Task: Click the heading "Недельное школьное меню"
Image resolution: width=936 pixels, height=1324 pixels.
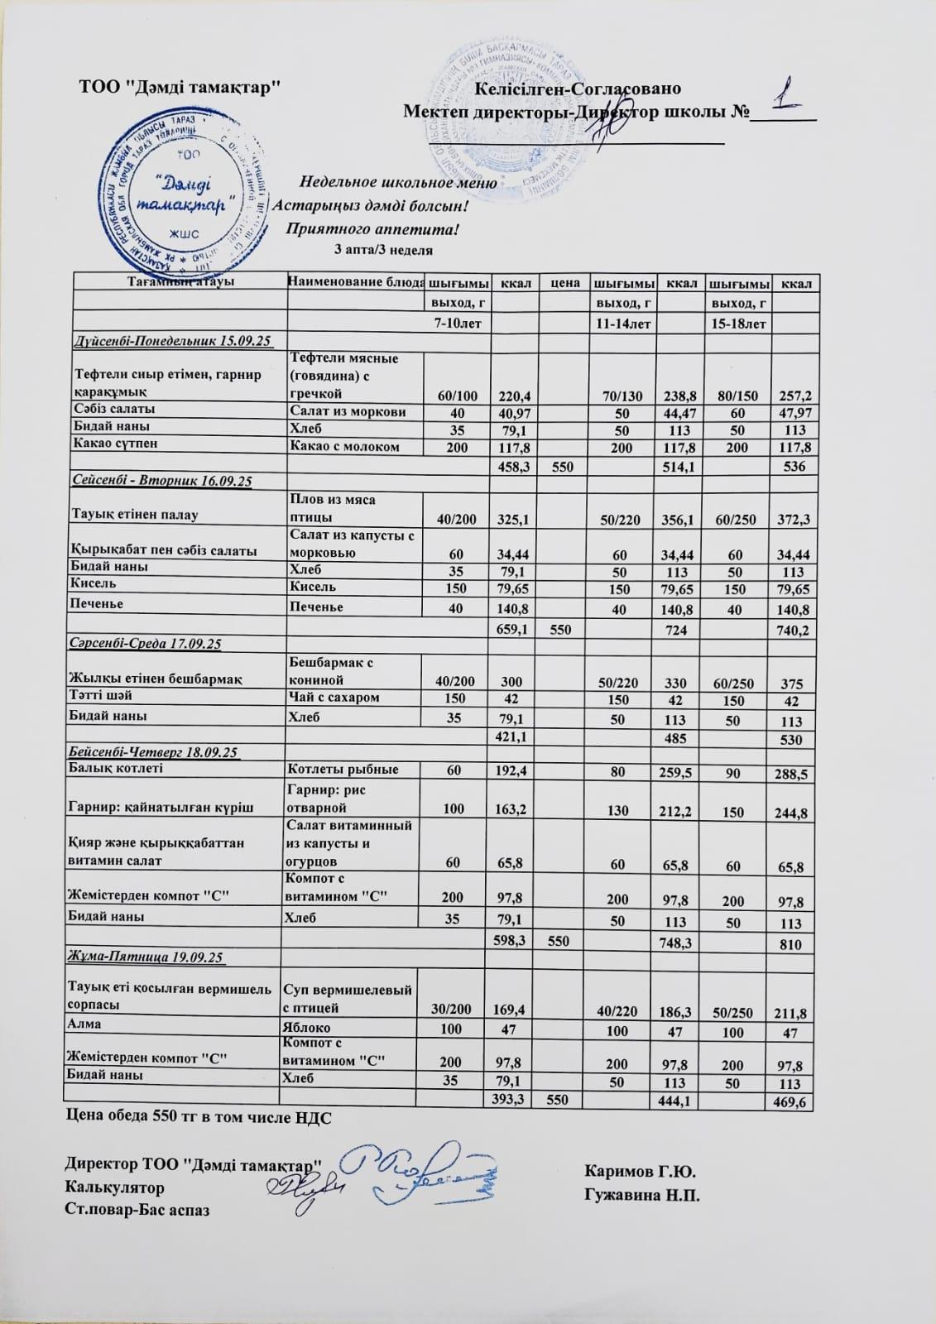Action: tap(397, 183)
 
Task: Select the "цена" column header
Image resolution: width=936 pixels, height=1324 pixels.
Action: tap(565, 284)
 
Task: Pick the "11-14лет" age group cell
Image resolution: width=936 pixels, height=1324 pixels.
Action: tap(622, 321)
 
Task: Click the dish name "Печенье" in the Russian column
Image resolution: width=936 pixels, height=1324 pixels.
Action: tap(315, 607)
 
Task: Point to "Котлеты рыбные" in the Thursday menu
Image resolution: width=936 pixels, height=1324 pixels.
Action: tap(342, 770)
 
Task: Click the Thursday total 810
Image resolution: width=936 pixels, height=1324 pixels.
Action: tap(791, 944)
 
